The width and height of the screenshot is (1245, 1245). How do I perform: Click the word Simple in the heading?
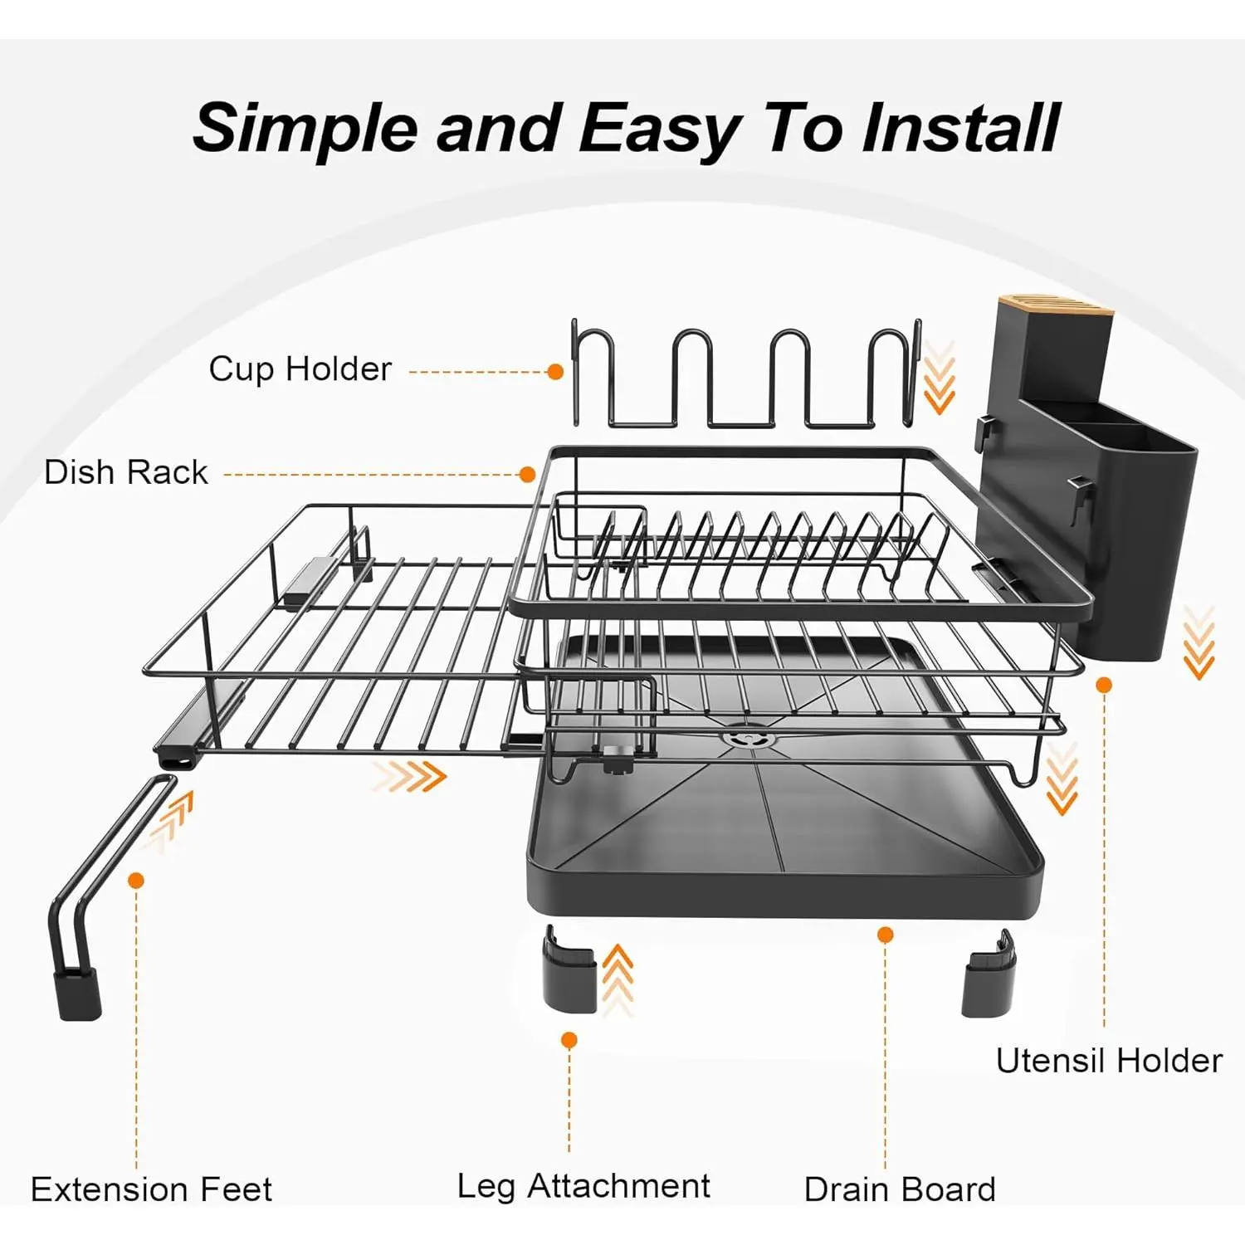(x=305, y=129)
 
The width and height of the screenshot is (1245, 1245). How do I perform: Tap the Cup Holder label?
(x=300, y=369)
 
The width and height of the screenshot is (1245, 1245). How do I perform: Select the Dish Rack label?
(x=125, y=472)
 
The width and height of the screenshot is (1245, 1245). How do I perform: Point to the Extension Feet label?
(x=151, y=1189)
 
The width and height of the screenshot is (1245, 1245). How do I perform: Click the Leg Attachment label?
(x=583, y=1187)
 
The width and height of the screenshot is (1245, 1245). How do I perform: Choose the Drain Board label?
(x=900, y=1189)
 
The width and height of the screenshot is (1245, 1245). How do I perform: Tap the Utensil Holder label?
(x=1109, y=1061)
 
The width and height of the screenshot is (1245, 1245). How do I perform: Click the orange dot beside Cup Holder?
(x=555, y=372)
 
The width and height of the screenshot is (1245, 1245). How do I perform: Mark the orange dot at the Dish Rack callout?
(x=527, y=474)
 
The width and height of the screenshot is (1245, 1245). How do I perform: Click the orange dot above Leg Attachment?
(x=569, y=1040)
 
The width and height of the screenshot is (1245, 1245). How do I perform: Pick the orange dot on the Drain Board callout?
(x=886, y=935)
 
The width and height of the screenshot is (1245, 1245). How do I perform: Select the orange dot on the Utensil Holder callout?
(x=1104, y=685)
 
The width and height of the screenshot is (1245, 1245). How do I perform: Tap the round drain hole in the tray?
(x=744, y=737)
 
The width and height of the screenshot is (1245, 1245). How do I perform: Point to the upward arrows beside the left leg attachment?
(x=618, y=979)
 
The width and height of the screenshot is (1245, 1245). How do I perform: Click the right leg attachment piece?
(x=989, y=973)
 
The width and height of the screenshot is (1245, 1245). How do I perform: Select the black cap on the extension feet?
(x=78, y=994)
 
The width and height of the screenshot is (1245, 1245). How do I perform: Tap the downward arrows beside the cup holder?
(x=940, y=378)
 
